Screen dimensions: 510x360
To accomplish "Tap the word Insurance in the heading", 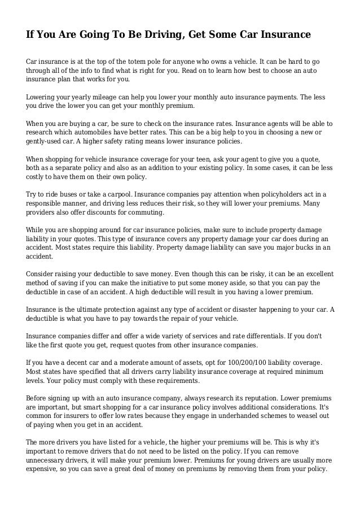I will pos(283,35).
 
